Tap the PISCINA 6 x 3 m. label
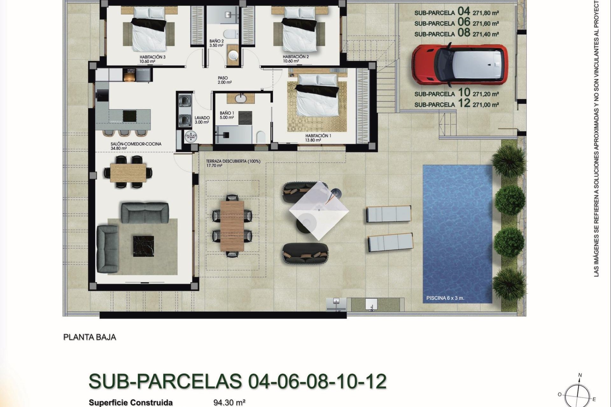click(445, 298)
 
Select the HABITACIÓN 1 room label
click(318, 136)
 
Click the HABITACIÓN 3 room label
click(152, 57)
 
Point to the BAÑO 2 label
click(216, 41)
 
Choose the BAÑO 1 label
click(227, 113)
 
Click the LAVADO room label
click(202, 118)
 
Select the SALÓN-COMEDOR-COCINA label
click(136, 144)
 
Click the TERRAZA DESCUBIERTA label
click(233, 161)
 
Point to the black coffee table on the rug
click(143, 245)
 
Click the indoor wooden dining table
click(128, 172)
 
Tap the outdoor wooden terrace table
click(232, 225)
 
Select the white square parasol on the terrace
click(319, 210)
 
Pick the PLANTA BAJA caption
click(90, 337)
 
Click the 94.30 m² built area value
click(229, 403)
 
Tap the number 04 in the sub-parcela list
click(464, 11)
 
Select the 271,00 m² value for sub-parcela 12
click(486, 105)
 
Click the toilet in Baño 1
click(261, 137)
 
